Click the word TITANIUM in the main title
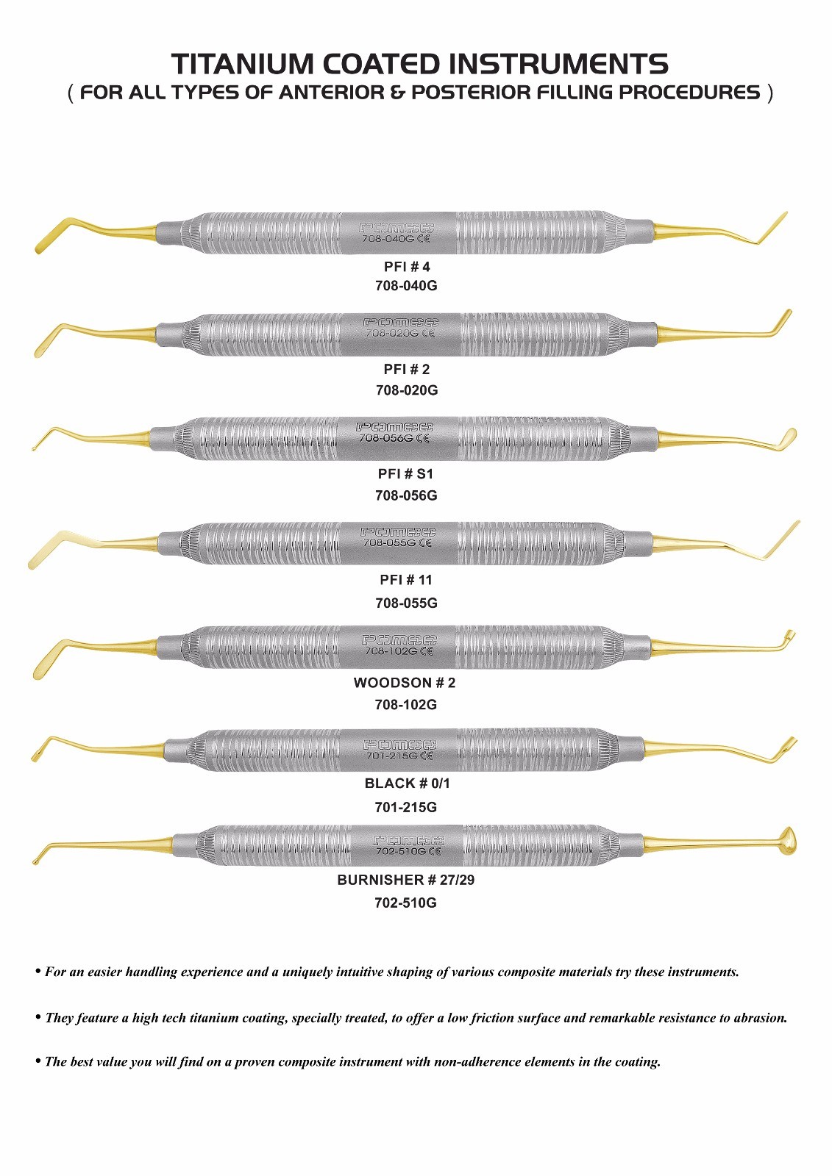242,64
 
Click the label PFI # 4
407,267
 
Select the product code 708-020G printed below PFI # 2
407,390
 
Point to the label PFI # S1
406,474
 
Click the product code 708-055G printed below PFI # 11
406,603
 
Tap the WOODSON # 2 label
405,683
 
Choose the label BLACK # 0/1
408,784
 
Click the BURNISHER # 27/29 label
406,880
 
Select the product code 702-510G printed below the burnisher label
406,903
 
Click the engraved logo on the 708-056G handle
395,427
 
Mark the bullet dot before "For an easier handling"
38,971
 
